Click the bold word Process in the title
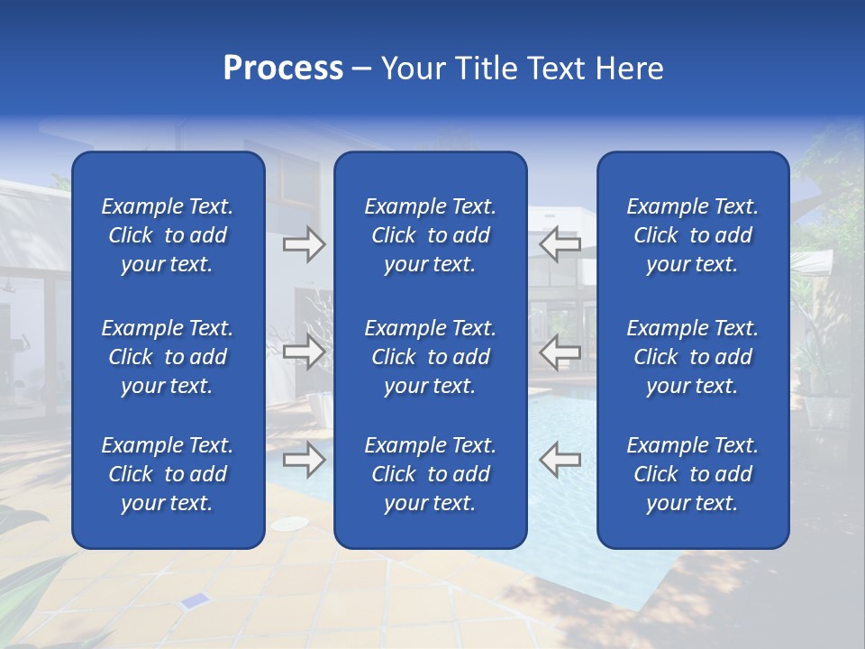[283, 69]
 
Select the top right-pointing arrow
[304, 244]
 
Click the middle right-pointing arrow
[304, 352]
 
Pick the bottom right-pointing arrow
[304, 460]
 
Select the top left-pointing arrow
[560, 244]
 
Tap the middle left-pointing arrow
[560, 352]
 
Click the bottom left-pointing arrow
[560, 460]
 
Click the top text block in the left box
[168, 235]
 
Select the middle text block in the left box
[168, 357]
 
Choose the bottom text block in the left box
[168, 474]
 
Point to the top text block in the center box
[430, 235]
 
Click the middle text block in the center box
[430, 357]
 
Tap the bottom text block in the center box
[430, 474]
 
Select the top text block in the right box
[692, 235]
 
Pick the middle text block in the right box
[692, 357]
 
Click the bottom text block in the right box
[692, 474]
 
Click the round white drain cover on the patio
[289, 524]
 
